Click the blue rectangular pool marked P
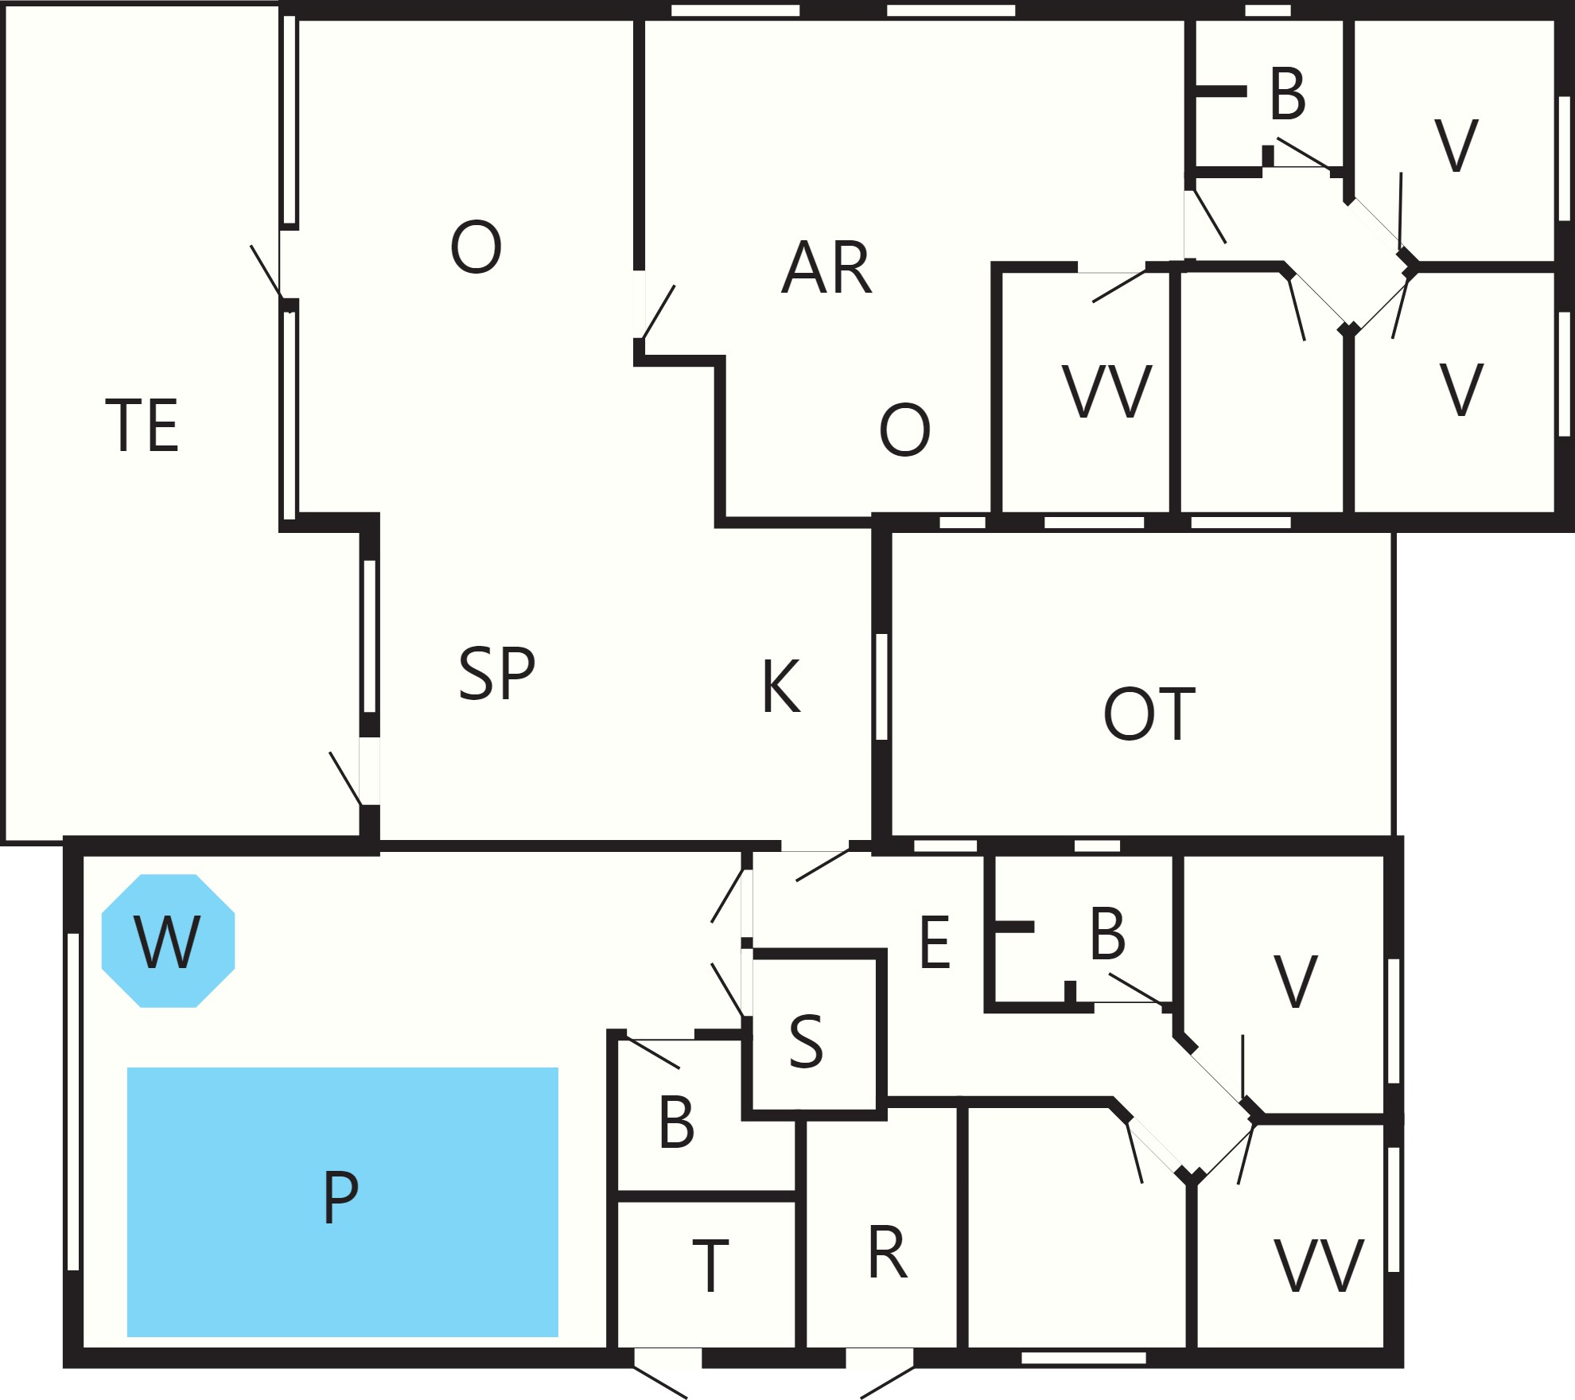(x=342, y=1201)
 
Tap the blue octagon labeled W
(x=168, y=941)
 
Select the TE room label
(x=142, y=425)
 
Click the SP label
(x=497, y=673)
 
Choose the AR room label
(x=826, y=267)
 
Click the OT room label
(x=1149, y=714)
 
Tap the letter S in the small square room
(x=806, y=1040)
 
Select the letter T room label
(x=710, y=1266)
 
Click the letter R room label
(x=888, y=1252)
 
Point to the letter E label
(x=935, y=942)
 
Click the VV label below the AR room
(x=1106, y=391)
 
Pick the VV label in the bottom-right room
(x=1319, y=1265)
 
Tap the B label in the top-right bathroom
(x=1288, y=93)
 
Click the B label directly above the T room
(x=677, y=1122)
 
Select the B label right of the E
(x=1107, y=933)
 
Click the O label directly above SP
(x=476, y=247)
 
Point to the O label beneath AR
(x=904, y=430)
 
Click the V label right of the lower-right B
(x=1296, y=982)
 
